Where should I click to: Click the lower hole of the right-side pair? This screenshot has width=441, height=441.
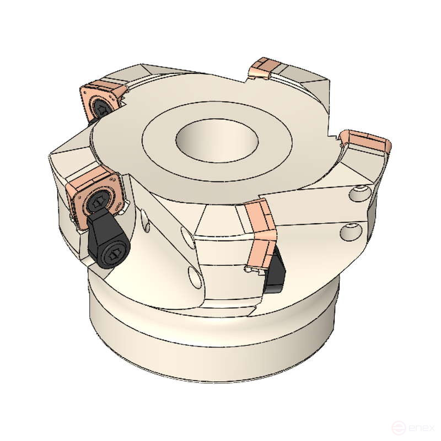tap(351, 232)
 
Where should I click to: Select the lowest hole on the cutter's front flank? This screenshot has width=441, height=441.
tap(193, 275)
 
